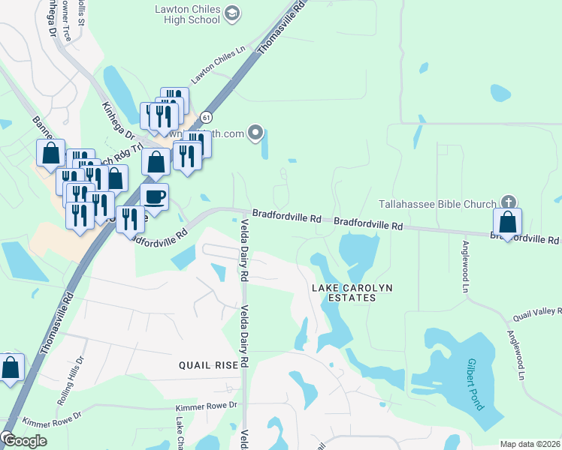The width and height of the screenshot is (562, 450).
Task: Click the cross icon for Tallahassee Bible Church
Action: click(509, 202)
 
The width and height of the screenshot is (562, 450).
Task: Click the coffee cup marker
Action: click(155, 197)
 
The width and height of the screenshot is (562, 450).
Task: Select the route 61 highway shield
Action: click(207, 118)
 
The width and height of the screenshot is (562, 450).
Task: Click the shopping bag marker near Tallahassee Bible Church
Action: click(508, 223)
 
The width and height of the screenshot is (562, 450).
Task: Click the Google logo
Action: click(24, 441)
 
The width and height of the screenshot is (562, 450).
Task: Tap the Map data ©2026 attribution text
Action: click(530, 444)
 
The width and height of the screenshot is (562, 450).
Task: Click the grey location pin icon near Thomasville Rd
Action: click(256, 133)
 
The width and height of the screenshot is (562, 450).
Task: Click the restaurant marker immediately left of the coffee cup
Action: click(131, 219)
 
